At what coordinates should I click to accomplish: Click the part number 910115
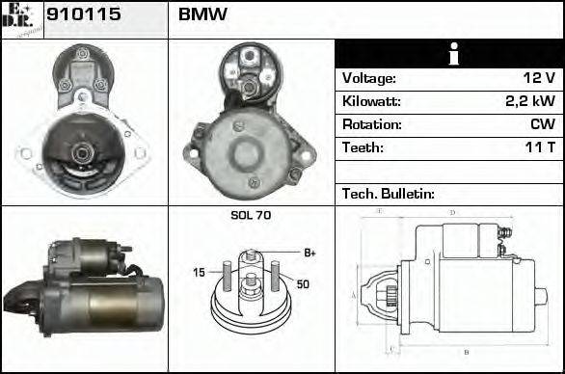77,16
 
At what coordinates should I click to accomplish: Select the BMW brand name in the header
202,16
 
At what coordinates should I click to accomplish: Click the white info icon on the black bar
449,54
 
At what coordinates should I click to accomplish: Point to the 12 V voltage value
538,78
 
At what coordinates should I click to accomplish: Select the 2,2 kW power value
531,101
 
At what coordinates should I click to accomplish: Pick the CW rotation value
542,124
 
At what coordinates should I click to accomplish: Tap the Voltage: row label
368,78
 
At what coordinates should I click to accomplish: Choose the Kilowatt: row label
371,101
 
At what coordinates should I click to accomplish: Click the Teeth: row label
363,147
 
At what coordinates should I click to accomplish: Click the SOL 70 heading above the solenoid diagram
251,216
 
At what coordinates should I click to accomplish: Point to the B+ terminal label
310,253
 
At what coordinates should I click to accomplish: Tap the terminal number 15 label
199,273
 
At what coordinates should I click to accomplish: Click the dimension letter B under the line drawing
467,352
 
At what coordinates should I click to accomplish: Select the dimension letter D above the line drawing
452,213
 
